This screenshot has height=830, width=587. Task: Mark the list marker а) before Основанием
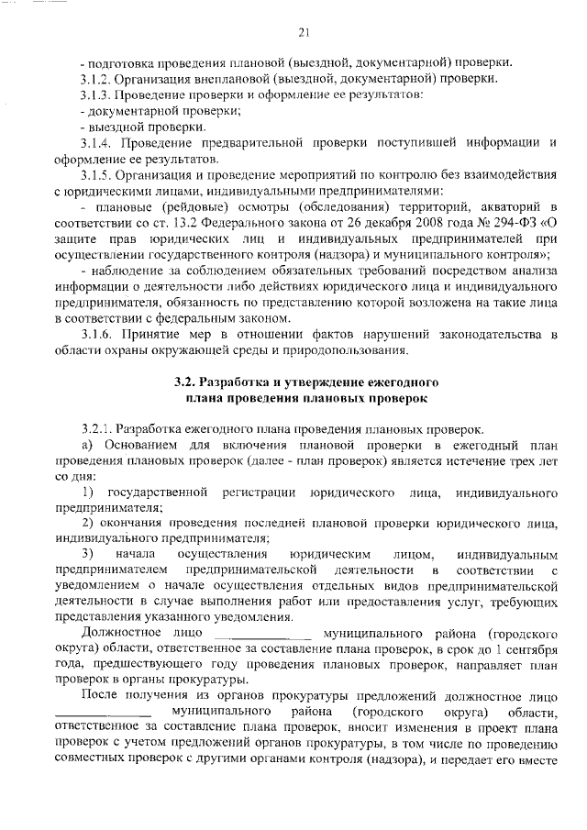tap(86, 445)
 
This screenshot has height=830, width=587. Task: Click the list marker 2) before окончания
tap(87, 524)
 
